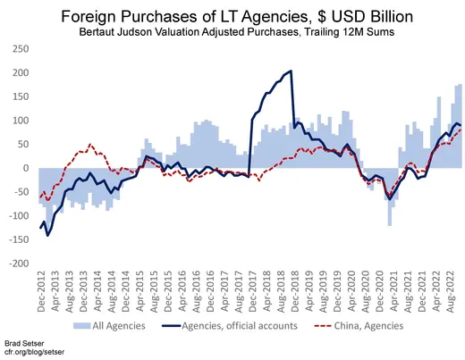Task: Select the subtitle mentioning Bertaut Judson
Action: point(232,32)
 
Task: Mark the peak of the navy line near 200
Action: point(291,71)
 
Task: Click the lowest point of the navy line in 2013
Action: point(47,235)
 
